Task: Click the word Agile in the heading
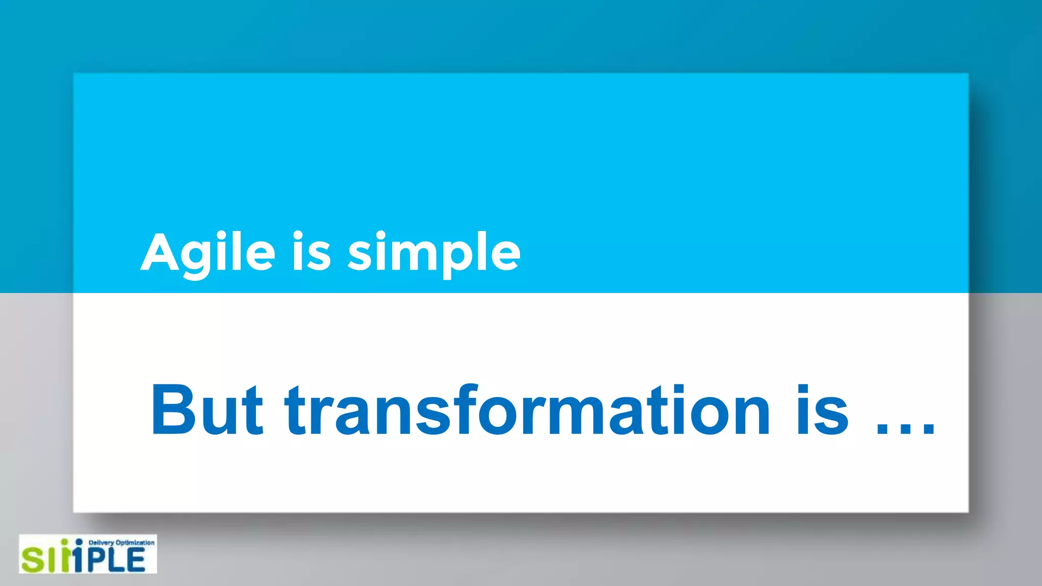[x=208, y=253]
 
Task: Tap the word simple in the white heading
[x=434, y=253]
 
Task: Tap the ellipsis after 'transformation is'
[x=906, y=430]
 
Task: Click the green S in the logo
[x=33, y=560]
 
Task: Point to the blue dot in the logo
[x=79, y=542]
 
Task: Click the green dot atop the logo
[x=65, y=542]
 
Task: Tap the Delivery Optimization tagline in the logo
[x=121, y=543]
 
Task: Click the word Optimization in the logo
[x=135, y=543]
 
